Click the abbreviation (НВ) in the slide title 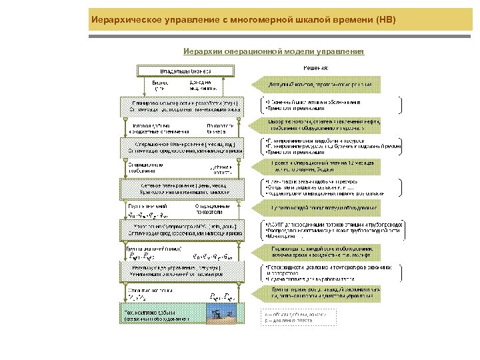pos(385,20)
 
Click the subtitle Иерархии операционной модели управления pos(274,51)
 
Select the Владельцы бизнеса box pos(185,70)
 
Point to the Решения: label pos(315,67)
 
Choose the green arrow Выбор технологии pos(325,125)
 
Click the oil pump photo pos(220,314)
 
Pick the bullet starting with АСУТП pos(333,225)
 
